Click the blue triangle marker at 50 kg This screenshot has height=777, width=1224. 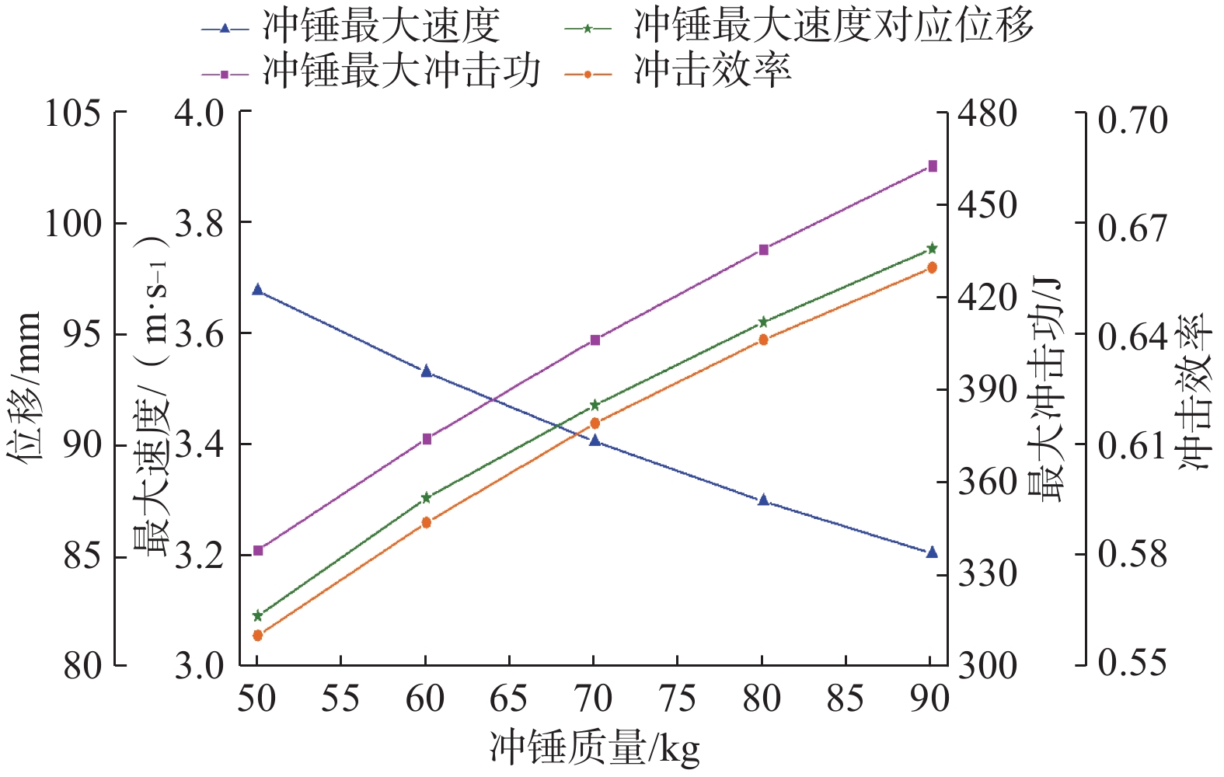[258, 290]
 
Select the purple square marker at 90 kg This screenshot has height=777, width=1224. [933, 166]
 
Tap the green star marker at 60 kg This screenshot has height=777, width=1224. [426, 497]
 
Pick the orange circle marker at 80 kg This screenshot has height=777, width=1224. [763, 340]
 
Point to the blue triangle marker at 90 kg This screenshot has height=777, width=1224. [933, 552]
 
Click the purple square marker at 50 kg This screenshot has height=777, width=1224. [258, 550]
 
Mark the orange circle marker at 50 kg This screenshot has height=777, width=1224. [258, 636]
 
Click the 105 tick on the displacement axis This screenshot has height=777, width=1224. [73, 114]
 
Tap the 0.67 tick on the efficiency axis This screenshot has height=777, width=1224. [1132, 228]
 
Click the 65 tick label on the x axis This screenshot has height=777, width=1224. [509, 699]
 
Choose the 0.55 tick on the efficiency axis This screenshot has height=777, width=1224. [1132, 663]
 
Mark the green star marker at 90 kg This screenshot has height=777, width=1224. [933, 249]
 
